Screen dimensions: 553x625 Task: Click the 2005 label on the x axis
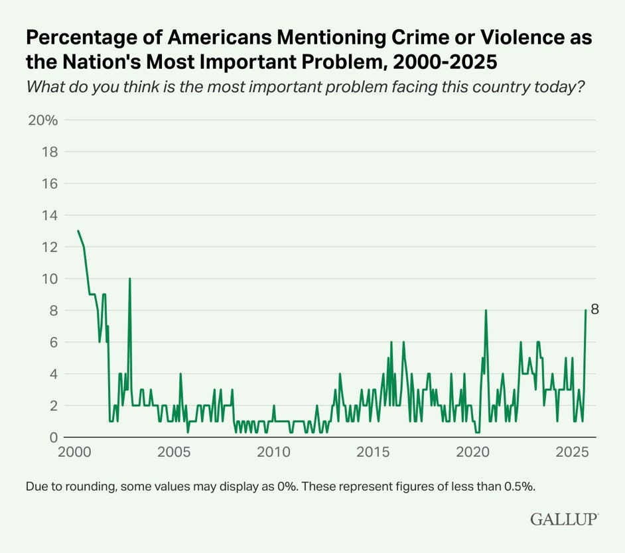[174, 454]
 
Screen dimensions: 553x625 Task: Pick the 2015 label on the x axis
[374, 454]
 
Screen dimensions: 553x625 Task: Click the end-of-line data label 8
[595, 310]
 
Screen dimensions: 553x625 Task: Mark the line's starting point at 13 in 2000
[78, 231]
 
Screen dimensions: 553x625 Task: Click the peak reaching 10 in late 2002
[129, 278]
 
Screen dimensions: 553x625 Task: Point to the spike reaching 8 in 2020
[486, 310]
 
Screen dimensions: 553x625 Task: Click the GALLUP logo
[564, 519]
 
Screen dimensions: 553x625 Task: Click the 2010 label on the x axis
[273, 454]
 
